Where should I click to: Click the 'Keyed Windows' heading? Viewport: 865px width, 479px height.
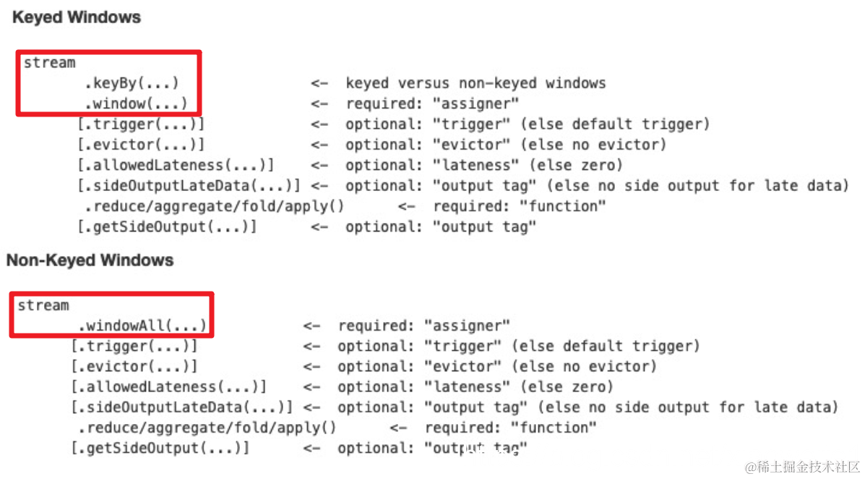[x=77, y=18]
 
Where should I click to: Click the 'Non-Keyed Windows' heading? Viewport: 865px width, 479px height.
[x=90, y=260]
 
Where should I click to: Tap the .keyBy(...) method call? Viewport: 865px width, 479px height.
[x=132, y=83]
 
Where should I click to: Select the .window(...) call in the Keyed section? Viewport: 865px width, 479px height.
[x=136, y=103]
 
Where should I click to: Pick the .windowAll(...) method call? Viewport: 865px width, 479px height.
[x=142, y=326]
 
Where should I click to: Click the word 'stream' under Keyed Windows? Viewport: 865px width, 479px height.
[x=49, y=63]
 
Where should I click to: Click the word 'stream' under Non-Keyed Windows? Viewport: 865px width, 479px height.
[x=43, y=305]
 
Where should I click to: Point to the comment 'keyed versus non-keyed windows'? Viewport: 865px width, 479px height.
[x=475, y=83]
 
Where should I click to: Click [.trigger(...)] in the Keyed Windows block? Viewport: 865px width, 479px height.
[x=141, y=124]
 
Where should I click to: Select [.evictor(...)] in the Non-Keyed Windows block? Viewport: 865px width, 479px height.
[x=134, y=366]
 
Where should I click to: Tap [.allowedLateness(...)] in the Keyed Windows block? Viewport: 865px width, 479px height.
[x=176, y=165]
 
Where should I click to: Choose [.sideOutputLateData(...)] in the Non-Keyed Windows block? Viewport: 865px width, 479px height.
[x=181, y=407]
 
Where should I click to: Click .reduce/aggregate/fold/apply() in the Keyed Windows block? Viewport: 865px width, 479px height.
[x=215, y=206]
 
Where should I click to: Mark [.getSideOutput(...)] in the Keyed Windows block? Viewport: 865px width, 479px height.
[x=167, y=226]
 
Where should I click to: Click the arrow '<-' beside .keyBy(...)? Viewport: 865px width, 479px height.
[x=320, y=83]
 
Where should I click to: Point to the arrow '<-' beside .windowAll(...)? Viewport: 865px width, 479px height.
[x=312, y=326]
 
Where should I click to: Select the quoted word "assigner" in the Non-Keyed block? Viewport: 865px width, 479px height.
[x=467, y=326]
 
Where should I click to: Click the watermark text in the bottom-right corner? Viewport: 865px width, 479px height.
[x=802, y=466]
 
